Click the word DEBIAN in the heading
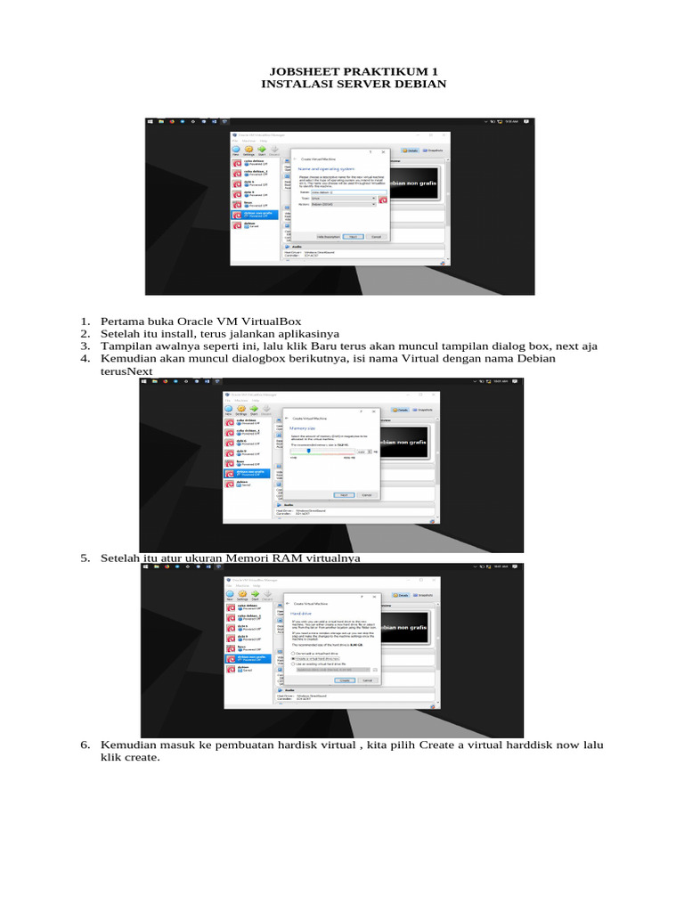416,84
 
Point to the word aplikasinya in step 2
289,333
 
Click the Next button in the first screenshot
354,236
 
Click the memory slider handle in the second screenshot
309,451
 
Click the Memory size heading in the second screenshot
304,428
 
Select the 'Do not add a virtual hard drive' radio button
293,652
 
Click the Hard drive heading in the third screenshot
302,614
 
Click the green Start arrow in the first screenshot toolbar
265,149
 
